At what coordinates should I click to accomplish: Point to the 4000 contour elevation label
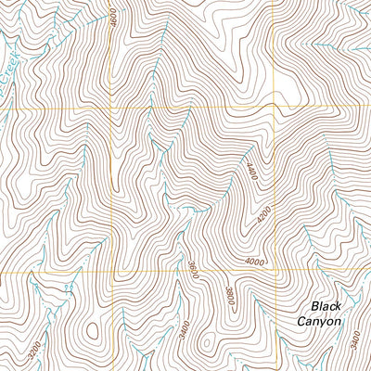click(256, 262)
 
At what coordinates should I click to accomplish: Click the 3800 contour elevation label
click(226, 295)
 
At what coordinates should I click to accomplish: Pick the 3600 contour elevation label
click(192, 270)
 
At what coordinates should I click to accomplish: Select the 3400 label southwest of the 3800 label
click(185, 330)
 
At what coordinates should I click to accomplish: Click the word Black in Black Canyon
click(326, 305)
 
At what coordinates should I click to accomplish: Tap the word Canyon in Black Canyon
click(319, 321)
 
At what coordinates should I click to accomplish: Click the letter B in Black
click(314, 305)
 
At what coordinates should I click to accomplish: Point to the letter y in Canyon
click(324, 323)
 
